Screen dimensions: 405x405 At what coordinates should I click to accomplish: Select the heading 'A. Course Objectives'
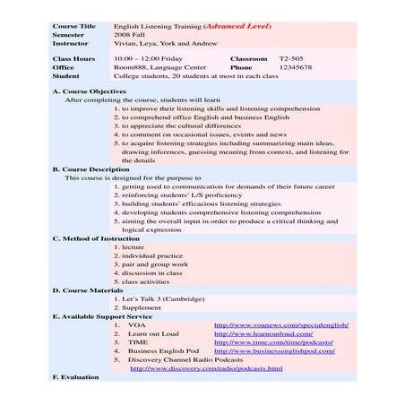[89, 91]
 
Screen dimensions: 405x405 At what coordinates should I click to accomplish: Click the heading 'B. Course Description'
[90, 168]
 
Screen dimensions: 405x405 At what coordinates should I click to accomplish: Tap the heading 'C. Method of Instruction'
[96, 237]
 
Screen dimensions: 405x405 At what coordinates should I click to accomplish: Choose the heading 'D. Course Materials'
[86, 289]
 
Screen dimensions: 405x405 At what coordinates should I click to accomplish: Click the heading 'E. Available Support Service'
[102, 316]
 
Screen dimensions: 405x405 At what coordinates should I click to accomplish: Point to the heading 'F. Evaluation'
[75, 377]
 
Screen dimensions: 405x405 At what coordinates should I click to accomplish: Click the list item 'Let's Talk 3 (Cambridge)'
[159, 298]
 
